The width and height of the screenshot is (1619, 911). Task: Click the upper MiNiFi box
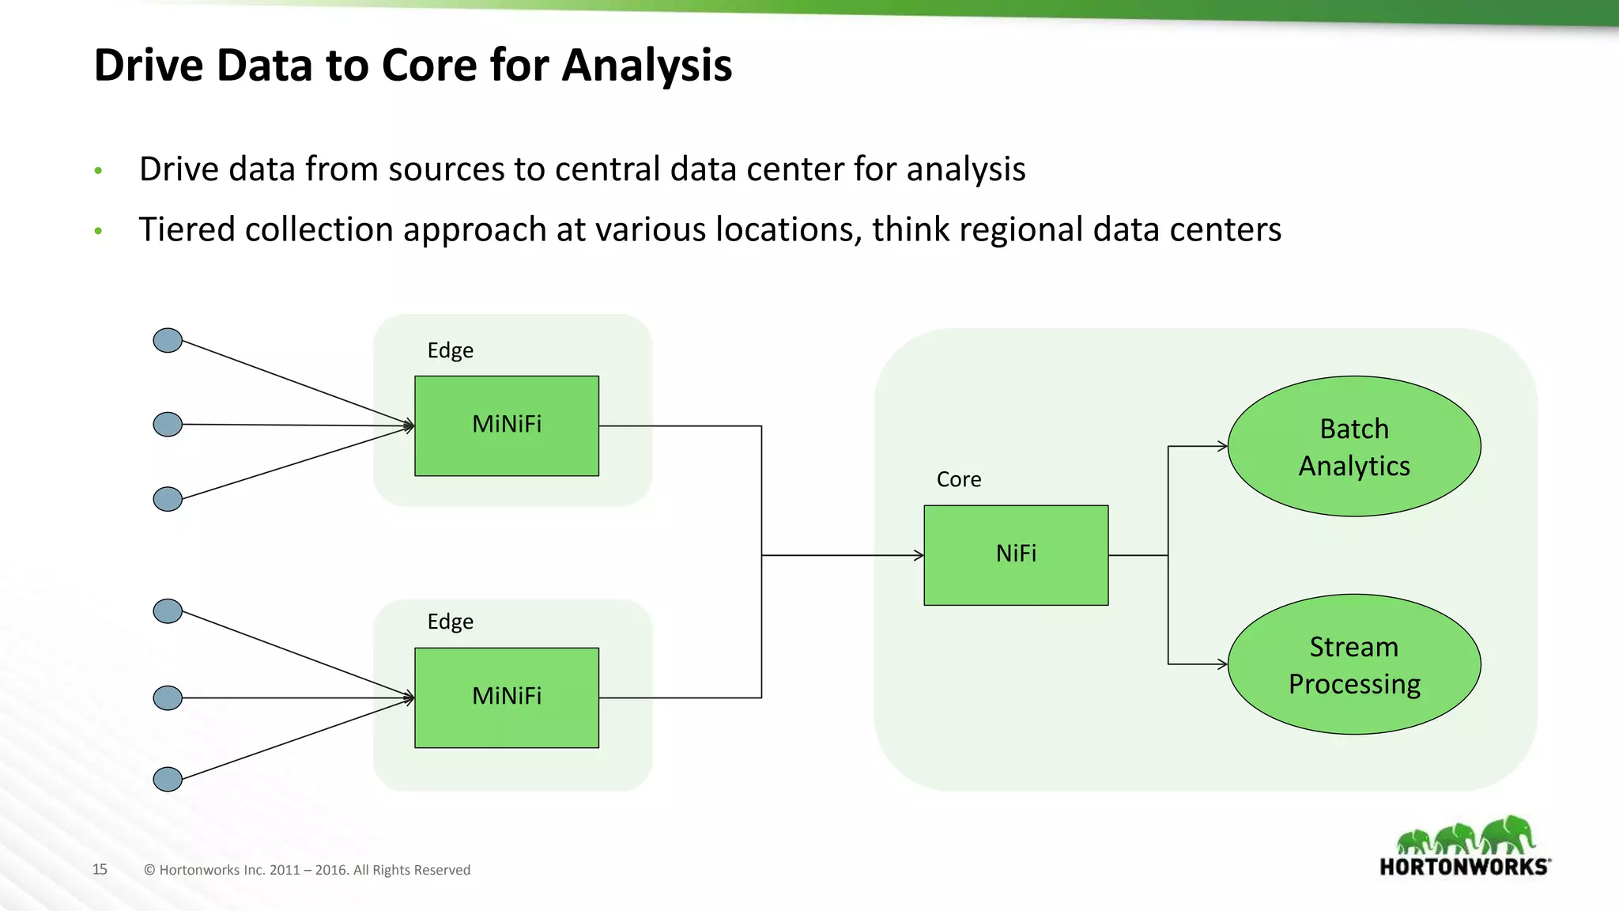[x=506, y=425]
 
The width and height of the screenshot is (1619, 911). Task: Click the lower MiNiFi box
[x=506, y=697]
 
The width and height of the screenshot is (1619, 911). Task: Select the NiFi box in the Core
[x=1016, y=555]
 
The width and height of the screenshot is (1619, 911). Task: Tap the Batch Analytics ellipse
[x=1353, y=447]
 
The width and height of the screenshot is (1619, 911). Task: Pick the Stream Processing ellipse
[x=1353, y=664]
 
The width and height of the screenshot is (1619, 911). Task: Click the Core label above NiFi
[x=958, y=479]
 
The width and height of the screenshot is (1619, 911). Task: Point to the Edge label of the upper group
[x=450, y=350]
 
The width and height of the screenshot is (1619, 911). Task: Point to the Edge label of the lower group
[x=450, y=622]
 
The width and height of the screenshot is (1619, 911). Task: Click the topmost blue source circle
[x=168, y=341]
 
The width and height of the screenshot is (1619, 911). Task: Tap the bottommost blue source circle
[x=168, y=779]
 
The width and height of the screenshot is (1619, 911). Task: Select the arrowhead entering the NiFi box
[x=919, y=555]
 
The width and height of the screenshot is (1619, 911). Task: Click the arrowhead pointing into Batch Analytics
[x=1223, y=447]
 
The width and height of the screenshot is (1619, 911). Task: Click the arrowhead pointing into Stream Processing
[x=1223, y=664]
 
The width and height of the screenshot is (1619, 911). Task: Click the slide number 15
[x=100, y=869]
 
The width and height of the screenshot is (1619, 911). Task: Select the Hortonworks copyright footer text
[x=307, y=870]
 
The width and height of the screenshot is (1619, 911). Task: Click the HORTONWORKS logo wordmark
[x=1464, y=867]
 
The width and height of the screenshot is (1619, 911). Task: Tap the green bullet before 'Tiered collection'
[x=98, y=231]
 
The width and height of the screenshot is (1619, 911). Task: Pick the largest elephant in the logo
[x=1508, y=835]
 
